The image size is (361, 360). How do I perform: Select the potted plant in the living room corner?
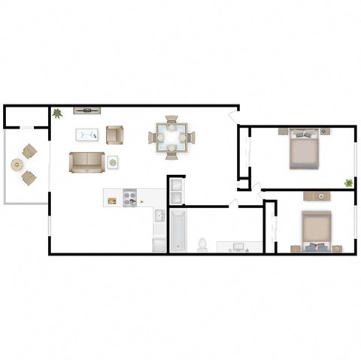[x=56, y=113]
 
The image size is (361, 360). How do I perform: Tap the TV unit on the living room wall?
[x=86, y=110]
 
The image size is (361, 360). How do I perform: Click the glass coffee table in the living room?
[x=87, y=135]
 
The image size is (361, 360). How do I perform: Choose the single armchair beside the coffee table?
[x=114, y=135]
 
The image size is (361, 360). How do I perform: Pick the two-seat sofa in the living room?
[x=86, y=162]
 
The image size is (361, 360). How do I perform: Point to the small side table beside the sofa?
[x=112, y=161]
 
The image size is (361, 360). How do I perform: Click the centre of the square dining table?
[x=171, y=138]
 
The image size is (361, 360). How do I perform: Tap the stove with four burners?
[x=129, y=199]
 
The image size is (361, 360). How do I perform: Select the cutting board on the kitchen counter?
[x=112, y=200]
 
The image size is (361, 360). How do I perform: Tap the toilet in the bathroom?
[x=202, y=244]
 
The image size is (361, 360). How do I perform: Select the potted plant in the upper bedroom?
[x=348, y=182]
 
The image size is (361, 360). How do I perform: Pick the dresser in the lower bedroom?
[x=320, y=196]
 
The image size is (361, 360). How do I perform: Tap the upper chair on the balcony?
[x=30, y=150]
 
